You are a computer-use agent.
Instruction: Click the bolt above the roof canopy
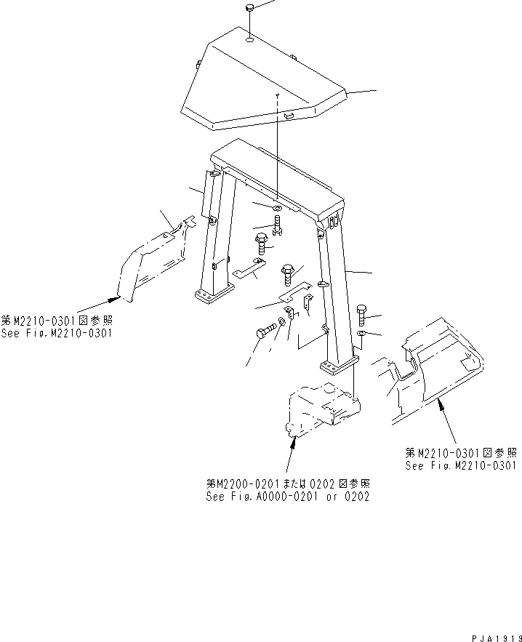[x=249, y=8]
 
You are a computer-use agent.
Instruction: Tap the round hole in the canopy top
[x=249, y=42]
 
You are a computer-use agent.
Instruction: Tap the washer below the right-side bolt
[x=363, y=334]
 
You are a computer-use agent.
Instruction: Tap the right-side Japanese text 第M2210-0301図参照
[x=460, y=452]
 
